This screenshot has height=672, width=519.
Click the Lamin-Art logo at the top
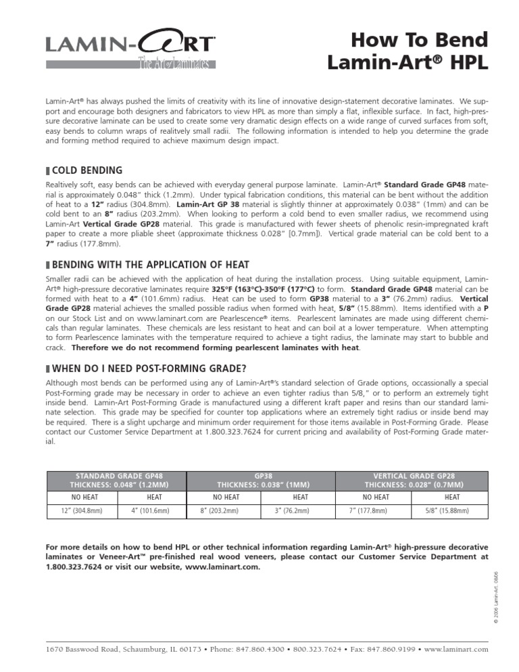tap(131, 45)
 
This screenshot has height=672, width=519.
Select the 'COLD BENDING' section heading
tap(87, 170)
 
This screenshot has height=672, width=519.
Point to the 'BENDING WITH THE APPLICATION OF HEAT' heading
tap(150, 264)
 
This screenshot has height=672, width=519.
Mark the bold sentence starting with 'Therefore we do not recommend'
tap(216, 347)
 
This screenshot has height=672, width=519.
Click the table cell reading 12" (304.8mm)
tap(78, 512)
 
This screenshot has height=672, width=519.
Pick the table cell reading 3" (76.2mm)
tap(301, 512)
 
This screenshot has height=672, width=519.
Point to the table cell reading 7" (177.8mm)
tap(374, 512)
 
